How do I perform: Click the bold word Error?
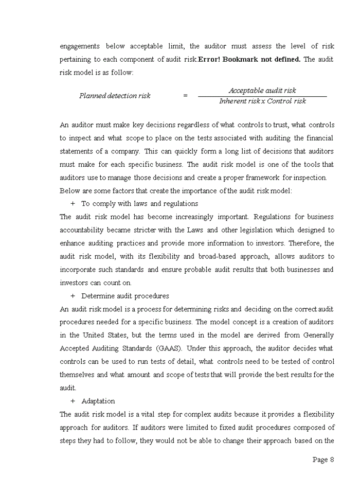(x=210, y=59)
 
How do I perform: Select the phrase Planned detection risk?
(x=115, y=96)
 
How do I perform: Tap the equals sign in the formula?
(x=185, y=96)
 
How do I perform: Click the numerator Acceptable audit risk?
(x=262, y=91)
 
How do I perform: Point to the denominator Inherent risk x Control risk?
(x=262, y=101)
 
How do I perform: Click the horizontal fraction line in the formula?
(x=262, y=96)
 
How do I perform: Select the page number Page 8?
(x=323, y=460)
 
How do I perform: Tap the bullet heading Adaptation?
(x=98, y=401)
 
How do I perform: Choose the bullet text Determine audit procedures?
(x=125, y=296)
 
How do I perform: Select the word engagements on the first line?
(x=80, y=46)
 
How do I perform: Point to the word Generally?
(x=316, y=335)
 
